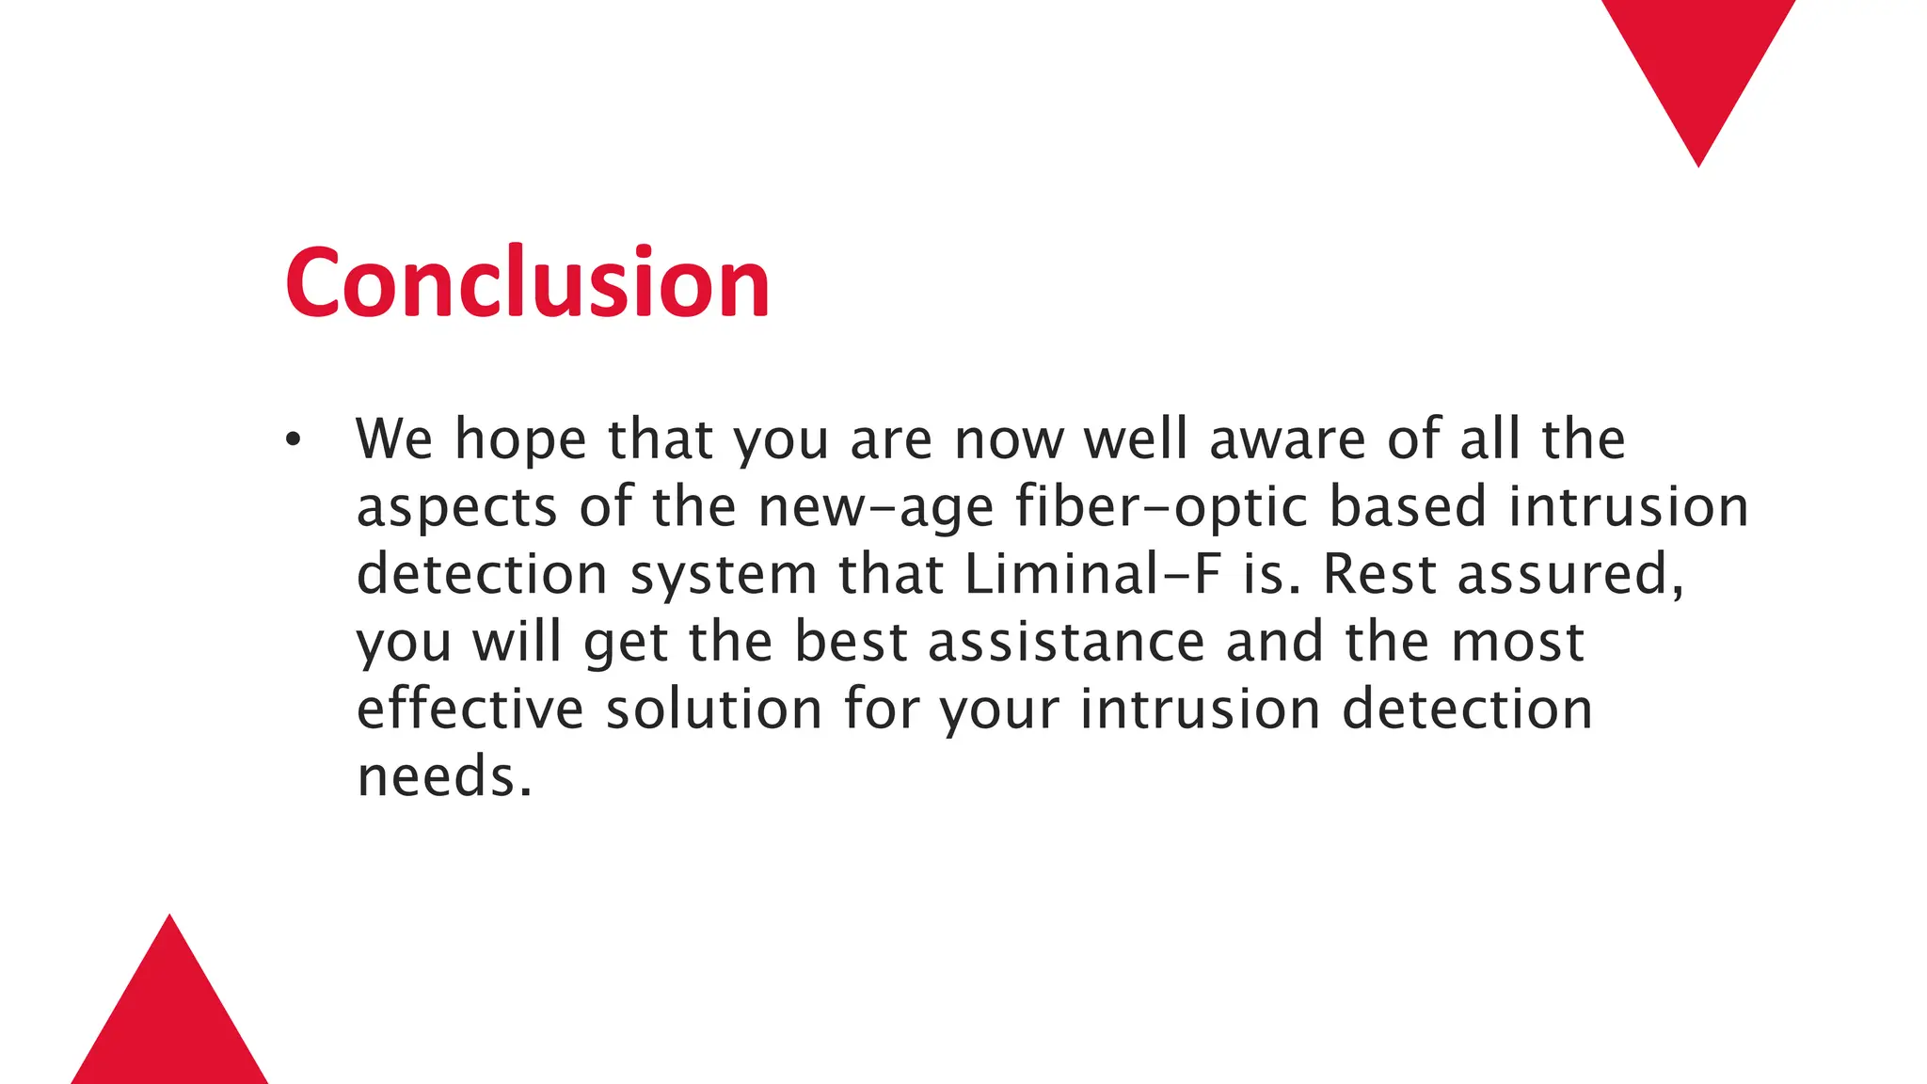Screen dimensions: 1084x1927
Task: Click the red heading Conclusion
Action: coord(527,282)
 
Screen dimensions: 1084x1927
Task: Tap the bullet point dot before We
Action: coord(294,439)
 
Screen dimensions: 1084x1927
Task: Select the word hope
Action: coord(520,439)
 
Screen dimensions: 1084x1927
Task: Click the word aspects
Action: coord(456,507)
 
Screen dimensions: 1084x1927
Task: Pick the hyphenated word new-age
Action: coord(876,507)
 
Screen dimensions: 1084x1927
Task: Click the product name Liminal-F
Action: coord(1092,574)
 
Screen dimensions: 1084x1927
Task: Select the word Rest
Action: coord(1379,574)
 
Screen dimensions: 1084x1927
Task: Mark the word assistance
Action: coord(1066,642)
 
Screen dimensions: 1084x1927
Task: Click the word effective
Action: coord(470,709)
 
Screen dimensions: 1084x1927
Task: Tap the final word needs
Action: coord(444,777)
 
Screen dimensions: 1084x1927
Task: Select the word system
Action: coord(723,576)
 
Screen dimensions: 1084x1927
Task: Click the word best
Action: coord(851,642)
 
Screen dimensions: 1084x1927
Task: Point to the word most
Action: coord(1518,642)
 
